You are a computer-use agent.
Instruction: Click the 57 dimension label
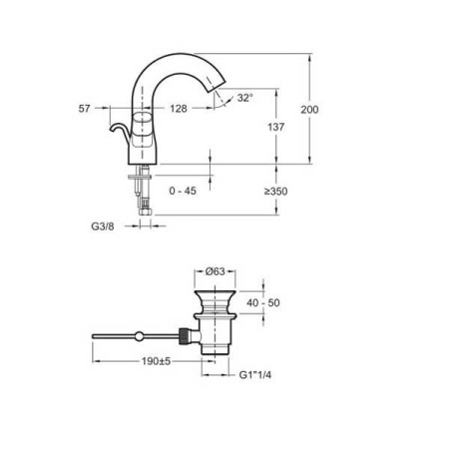coord(86,108)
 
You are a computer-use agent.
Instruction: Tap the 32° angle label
coord(245,98)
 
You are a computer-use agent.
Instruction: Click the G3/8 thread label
coord(102,226)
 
